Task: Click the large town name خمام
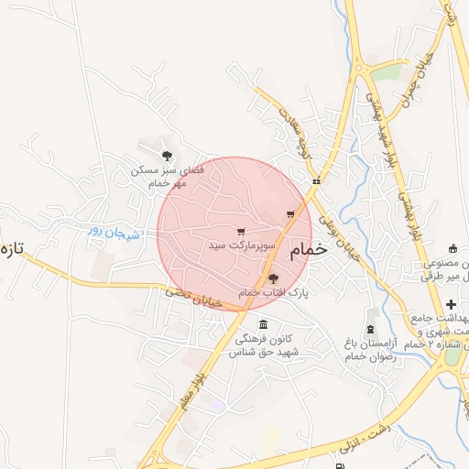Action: coord(308,251)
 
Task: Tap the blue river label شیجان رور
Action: coord(115,233)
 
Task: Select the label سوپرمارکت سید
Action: coord(241,245)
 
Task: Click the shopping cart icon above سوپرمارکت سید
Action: coord(241,231)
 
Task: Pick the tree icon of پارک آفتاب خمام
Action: coord(273,278)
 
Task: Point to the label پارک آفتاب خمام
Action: coord(274,293)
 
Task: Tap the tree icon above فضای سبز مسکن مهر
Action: coord(166,156)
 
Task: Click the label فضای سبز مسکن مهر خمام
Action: coord(161,176)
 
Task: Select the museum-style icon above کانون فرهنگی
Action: coord(264,325)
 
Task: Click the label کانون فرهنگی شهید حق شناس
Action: coord(264,345)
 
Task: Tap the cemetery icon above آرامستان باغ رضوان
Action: coord(371,327)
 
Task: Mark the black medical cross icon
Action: coord(450,304)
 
